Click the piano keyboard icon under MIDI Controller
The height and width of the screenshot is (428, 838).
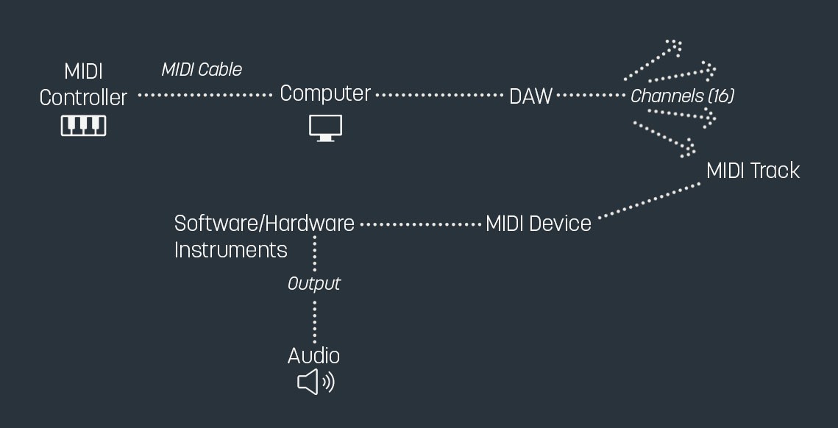click(x=83, y=125)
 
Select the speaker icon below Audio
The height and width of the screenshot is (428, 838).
click(x=315, y=382)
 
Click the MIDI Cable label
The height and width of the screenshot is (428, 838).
click(x=202, y=70)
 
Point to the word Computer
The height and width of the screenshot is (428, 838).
click(x=325, y=94)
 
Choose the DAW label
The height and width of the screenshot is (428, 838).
click(x=530, y=96)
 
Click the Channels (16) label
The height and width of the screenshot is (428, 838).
click(x=682, y=96)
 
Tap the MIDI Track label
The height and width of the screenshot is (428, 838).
click(x=752, y=171)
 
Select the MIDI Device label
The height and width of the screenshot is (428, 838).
click(x=539, y=224)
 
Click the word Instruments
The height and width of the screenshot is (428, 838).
click(x=230, y=250)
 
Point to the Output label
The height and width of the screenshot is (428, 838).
click(x=314, y=284)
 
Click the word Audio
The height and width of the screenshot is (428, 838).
click(x=313, y=356)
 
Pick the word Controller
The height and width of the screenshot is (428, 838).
click(x=83, y=97)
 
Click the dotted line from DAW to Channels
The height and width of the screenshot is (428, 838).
click(x=591, y=96)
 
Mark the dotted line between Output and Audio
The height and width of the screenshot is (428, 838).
click(x=315, y=321)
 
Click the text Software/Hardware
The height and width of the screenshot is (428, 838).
click(x=264, y=224)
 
